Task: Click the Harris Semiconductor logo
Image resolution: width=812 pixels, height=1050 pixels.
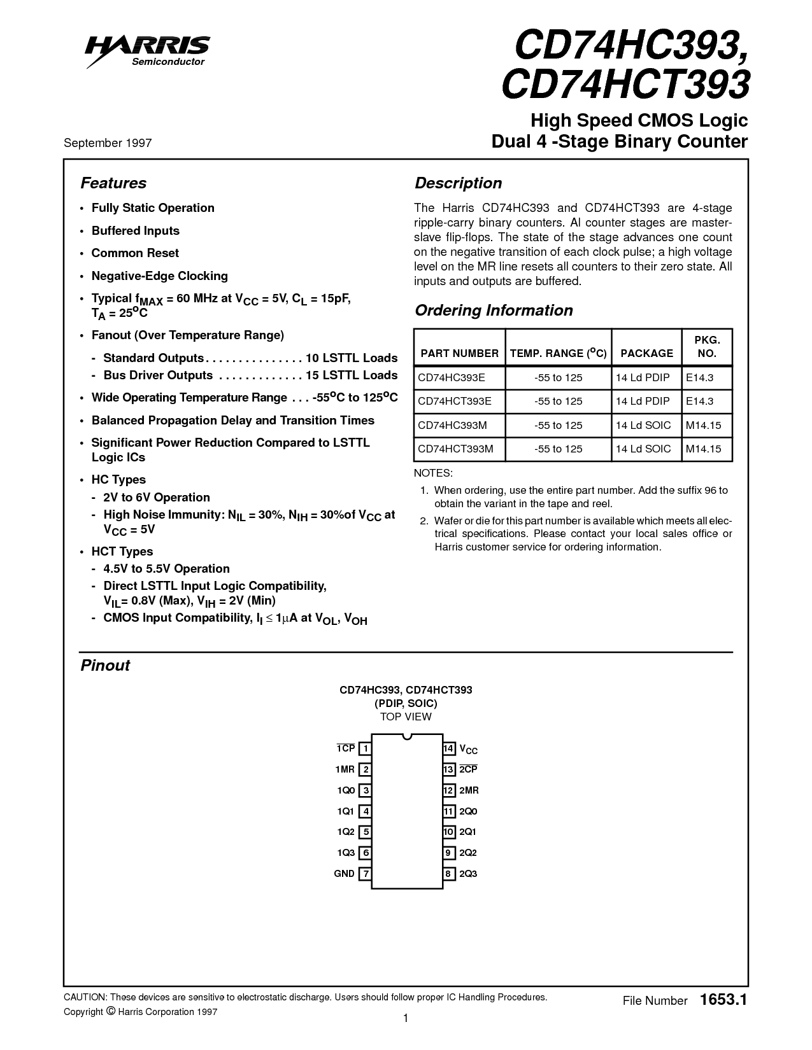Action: click(x=148, y=50)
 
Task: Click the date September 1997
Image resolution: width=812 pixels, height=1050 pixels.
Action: click(x=108, y=143)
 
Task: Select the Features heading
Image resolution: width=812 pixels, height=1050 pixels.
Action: click(x=113, y=183)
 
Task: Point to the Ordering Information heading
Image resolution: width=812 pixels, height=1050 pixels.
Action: click(x=494, y=311)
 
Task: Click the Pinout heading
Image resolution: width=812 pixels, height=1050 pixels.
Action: click(x=105, y=666)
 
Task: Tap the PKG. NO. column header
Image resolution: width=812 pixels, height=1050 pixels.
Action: click(x=707, y=347)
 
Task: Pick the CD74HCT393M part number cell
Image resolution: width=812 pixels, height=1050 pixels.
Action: click(x=455, y=449)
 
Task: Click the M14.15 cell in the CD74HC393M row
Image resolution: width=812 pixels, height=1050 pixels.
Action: click(x=703, y=425)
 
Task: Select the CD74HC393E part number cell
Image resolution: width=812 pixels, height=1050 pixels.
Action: click(x=452, y=377)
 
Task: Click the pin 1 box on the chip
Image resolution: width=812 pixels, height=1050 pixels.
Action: click(x=366, y=748)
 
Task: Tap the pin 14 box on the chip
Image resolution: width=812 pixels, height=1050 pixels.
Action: click(x=449, y=748)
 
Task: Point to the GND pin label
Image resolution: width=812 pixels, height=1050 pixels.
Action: click(x=344, y=874)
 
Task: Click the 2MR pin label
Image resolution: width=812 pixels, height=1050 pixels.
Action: click(x=469, y=790)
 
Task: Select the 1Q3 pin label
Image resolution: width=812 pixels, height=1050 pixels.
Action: click(x=345, y=853)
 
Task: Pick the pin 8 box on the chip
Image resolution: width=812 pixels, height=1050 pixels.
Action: click(x=449, y=874)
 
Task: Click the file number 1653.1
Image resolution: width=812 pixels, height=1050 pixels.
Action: click(x=722, y=1000)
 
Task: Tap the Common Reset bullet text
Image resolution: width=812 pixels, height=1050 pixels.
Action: click(x=135, y=253)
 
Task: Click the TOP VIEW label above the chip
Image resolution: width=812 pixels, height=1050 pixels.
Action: click(x=406, y=717)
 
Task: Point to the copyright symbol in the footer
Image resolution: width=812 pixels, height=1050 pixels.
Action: click(x=111, y=1011)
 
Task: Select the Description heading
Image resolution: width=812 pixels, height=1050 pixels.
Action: click(x=459, y=183)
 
